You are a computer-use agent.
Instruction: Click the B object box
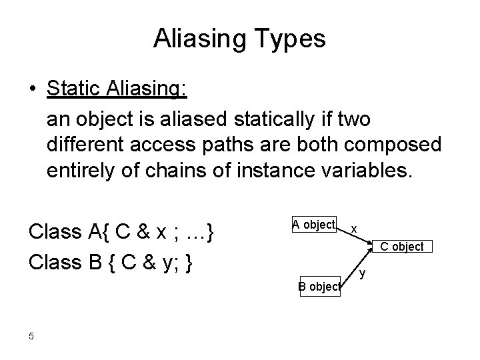tap(319, 287)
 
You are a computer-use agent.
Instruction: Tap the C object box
tap(401, 247)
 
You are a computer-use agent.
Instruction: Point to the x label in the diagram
tap(354, 229)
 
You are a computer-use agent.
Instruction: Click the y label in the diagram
tap(363, 272)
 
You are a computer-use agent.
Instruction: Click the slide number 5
tap(31, 335)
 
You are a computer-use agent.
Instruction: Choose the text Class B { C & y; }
tap(111, 260)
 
